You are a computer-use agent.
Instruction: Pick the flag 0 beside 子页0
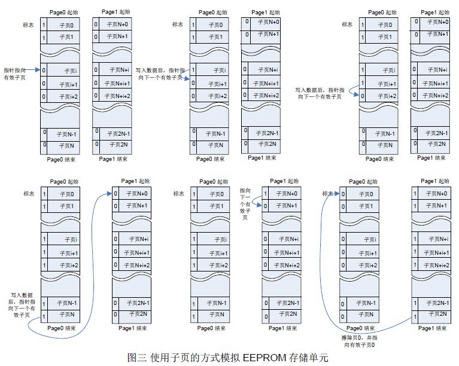344,193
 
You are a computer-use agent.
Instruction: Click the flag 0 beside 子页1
344,206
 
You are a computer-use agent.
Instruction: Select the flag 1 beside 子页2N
415,313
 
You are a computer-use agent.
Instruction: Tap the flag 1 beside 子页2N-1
415,303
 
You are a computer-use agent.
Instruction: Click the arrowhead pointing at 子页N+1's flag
262,206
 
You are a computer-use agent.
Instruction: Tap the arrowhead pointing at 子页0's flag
339,193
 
